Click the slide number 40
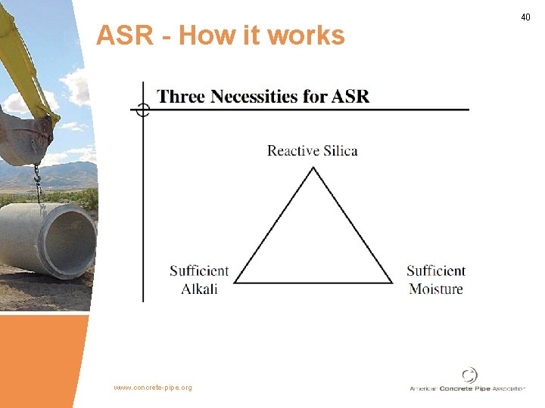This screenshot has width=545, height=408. tap(526, 17)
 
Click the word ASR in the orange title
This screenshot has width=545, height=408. tap(125, 35)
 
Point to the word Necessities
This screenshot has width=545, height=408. tap(265, 97)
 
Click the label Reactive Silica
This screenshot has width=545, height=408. tap(312, 150)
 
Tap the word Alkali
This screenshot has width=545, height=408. tap(199, 289)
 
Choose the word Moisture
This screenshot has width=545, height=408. tap(436, 289)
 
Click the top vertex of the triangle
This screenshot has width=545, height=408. tap(313, 168)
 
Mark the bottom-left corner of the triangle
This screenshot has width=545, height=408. tap(235, 283)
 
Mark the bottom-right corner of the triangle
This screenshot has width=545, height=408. tap(392, 283)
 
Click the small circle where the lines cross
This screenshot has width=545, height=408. tap(142, 110)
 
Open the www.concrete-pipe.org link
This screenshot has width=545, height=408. tap(153, 388)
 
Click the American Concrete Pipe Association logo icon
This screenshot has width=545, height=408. tap(469, 375)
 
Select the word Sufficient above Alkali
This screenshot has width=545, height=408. tap(199, 271)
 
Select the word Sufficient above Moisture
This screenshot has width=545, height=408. tap(436, 271)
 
